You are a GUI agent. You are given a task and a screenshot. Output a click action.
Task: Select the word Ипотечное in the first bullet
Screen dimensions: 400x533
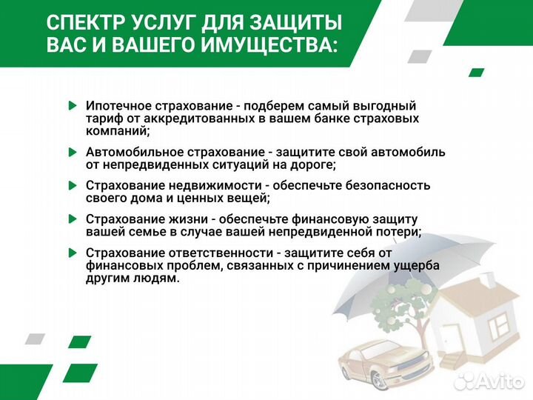point(118,106)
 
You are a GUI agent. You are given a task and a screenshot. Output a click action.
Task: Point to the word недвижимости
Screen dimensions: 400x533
point(192,185)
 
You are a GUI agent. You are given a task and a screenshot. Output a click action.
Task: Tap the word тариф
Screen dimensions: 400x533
point(103,119)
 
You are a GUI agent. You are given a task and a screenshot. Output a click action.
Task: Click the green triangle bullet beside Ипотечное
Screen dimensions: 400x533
point(71,106)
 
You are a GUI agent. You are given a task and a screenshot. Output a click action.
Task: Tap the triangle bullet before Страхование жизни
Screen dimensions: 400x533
point(71,219)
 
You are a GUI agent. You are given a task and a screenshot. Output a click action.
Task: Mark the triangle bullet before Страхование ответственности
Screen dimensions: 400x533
point(71,253)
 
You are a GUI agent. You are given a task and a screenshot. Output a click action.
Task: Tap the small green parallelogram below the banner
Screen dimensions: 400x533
point(477,73)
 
